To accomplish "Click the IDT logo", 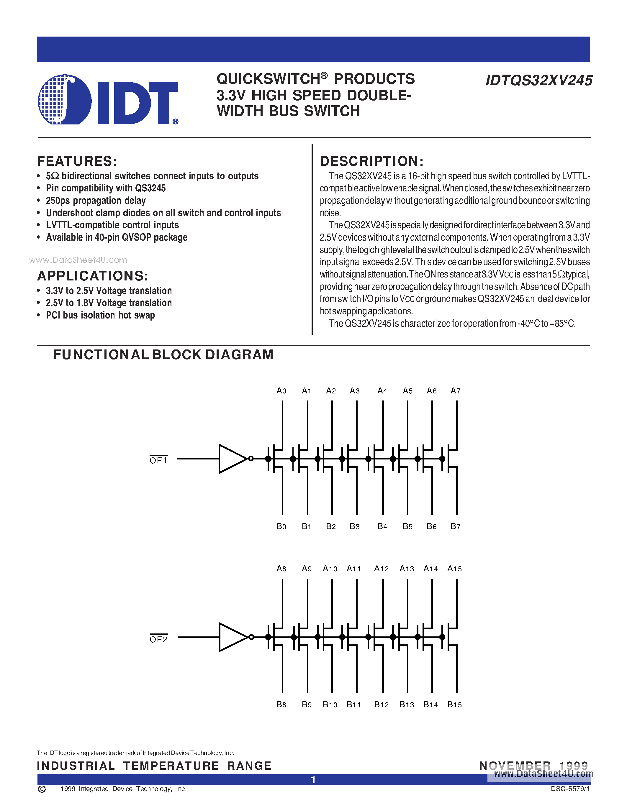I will click(x=108, y=99).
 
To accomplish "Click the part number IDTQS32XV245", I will click(x=538, y=81).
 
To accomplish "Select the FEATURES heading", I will click(x=77, y=161).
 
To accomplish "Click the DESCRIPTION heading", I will click(x=371, y=161).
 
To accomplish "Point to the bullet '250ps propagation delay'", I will click(x=96, y=201).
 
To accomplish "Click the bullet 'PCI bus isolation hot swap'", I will click(x=100, y=315).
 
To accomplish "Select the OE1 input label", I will click(x=158, y=460).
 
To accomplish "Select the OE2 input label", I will click(x=158, y=639).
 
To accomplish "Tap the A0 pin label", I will click(x=281, y=391).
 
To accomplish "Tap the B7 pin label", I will click(x=455, y=526).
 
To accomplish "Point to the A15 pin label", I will click(x=454, y=569).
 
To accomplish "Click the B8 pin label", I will click(x=281, y=705).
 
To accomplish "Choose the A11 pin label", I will click(x=353, y=569).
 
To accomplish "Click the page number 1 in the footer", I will click(x=313, y=780).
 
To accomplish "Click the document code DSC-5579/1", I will click(x=570, y=789).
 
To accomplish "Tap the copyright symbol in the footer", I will click(x=42, y=789).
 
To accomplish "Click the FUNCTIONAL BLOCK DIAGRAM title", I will click(x=163, y=354).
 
